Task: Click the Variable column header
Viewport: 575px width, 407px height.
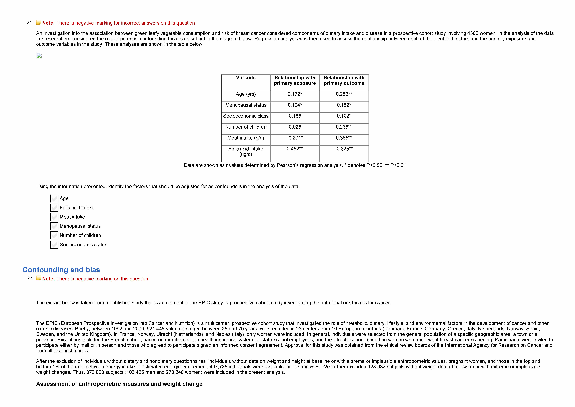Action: [x=246, y=78]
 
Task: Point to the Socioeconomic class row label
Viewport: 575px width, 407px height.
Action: [x=246, y=116]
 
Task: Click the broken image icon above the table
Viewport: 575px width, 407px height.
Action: [x=39, y=55]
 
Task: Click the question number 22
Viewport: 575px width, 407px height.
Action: [x=30, y=279]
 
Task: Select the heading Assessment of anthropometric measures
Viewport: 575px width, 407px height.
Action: [x=119, y=384]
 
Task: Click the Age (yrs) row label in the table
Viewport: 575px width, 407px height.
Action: [x=246, y=94]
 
